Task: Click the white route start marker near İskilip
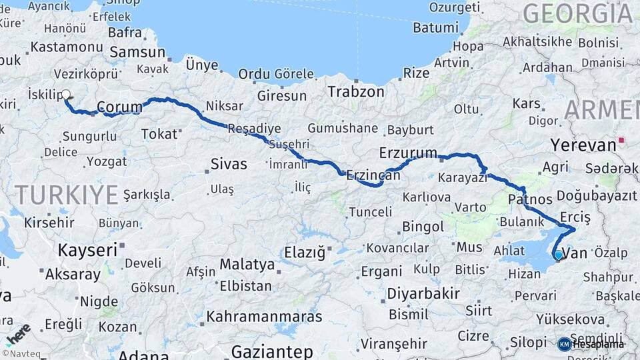(66, 95)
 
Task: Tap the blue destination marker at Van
(558, 254)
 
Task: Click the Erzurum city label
(408, 153)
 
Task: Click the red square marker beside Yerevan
(621, 141)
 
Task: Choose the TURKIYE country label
(67, 195)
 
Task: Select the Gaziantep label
(271, 351)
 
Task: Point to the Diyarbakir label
(423, 293)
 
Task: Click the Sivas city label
(228, 163)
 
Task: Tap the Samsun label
(137, 52)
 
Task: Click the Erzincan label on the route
(373, 175)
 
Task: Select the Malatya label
(247, 265)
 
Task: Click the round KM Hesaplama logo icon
(565, 344)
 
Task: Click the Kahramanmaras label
(264, 317)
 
